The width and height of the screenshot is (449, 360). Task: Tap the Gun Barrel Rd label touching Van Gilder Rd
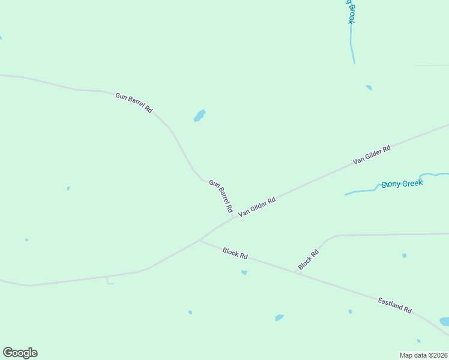point(220,196)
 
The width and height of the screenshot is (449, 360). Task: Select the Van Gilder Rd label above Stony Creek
point(372,154)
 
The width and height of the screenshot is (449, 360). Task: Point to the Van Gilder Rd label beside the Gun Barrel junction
point(256,206)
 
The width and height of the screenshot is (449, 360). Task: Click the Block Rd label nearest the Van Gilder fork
point(235,253)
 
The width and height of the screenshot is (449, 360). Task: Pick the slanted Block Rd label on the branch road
point(308,259)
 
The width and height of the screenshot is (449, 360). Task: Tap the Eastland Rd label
point(394,305)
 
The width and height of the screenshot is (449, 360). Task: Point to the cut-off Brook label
point(349,11)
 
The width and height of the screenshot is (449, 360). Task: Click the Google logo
point(20,353)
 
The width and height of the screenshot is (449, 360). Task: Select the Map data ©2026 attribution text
point(424,355)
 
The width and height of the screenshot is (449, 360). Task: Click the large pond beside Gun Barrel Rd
point(199,116)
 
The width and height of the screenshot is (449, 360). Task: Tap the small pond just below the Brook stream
point(369,88)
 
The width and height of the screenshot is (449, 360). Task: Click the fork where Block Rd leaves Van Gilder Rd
point(200,240)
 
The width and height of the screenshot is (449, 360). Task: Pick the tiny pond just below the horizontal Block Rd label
point(244,272)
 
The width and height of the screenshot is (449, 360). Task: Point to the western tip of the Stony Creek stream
point(345,194)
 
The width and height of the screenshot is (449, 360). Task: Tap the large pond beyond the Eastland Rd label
point(444,322)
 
